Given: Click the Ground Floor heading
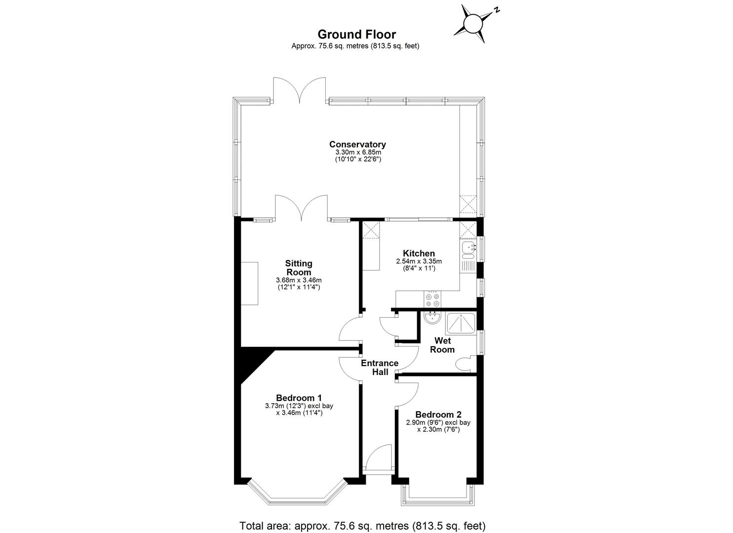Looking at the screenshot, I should [x=356, y=34].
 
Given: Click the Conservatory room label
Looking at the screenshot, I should [x=357, y=145].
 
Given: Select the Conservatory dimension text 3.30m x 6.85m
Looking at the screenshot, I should [x=357, y=152].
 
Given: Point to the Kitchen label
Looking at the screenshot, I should [x=419, y=254].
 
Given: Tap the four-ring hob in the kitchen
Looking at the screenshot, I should [x=432, y=300].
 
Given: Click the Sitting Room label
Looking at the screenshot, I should [x=299, y=268].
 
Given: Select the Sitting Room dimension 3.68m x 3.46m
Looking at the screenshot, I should [x=298, y=280].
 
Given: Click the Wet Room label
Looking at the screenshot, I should [x=442, y=345].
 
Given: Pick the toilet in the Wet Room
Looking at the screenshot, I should [x=464, y=365].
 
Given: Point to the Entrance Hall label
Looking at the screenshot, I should [x=380, y=368].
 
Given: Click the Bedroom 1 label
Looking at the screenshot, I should [x=299, y=398].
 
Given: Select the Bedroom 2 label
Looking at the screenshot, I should [x=438, y=415].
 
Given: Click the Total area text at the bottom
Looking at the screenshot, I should [x=363, y=525].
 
